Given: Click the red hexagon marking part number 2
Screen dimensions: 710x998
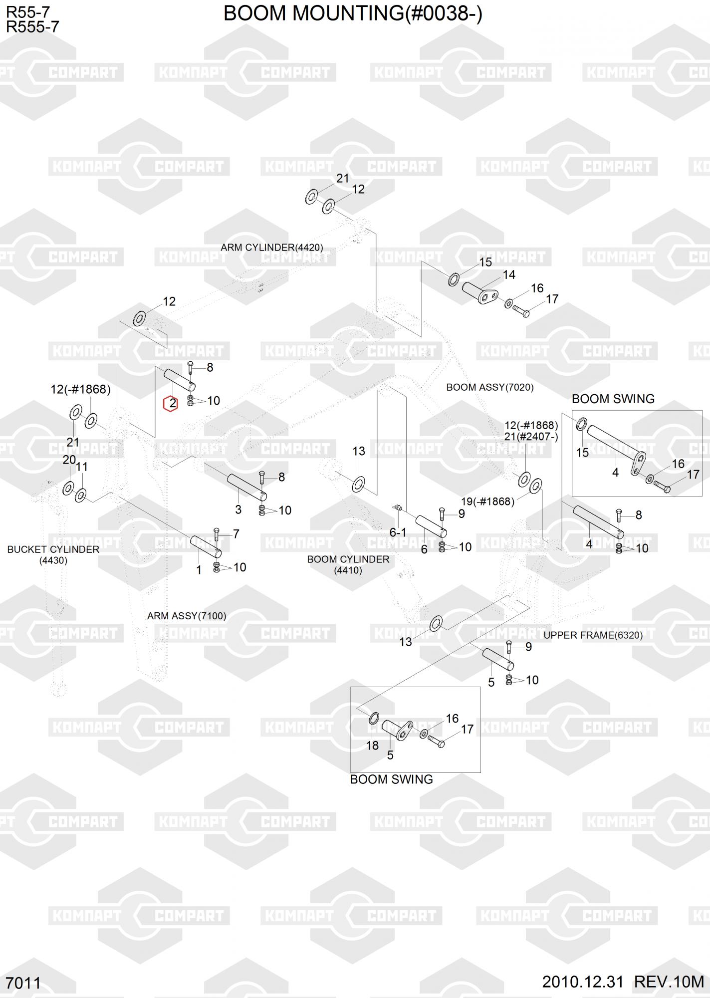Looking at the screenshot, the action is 171,403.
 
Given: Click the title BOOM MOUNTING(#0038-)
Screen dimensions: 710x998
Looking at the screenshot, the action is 353,13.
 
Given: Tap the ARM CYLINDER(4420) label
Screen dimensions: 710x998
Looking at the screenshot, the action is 272,248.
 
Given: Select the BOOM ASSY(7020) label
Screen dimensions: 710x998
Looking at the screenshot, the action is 490,387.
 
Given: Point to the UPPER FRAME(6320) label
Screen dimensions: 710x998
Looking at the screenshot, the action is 593,635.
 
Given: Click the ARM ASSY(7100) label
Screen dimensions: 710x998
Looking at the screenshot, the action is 187,616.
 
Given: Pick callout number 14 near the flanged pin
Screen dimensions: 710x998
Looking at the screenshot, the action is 509,274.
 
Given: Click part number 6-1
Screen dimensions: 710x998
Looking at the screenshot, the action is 398,532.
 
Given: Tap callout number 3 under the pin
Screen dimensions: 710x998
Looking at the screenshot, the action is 238,509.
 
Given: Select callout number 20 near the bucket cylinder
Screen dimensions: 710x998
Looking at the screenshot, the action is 69,460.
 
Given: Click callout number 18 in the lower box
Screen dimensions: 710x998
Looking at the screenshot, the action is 372,746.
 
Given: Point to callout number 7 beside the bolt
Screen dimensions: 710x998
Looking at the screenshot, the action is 236,534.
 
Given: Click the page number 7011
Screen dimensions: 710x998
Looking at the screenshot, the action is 24,983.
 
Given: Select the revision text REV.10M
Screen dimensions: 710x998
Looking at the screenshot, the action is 669,982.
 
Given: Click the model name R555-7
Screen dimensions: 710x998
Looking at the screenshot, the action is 32,26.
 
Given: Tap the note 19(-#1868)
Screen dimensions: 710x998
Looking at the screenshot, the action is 487,501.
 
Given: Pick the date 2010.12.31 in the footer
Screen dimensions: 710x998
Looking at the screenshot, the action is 583,982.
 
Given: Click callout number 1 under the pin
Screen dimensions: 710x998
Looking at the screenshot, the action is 199,570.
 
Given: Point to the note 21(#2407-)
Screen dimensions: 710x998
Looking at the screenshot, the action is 531,437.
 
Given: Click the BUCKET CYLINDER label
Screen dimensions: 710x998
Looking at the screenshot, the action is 53,549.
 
